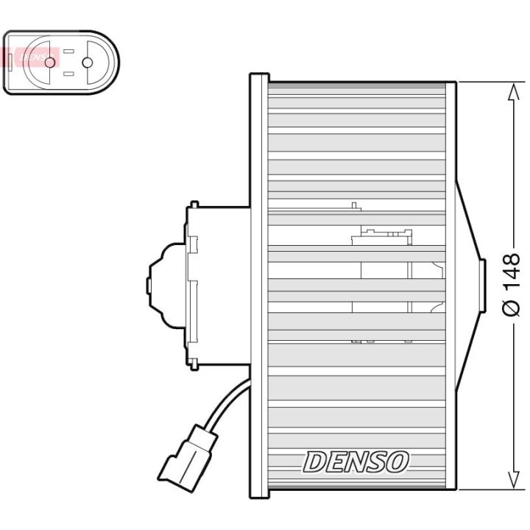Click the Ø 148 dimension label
tap(512, 284)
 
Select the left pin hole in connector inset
tap(50, 63)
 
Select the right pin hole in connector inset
tap(88, 63)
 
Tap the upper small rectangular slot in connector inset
tap(68, 52)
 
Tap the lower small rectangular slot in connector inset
tap(68, 74)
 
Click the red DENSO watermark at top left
tap(29, 56)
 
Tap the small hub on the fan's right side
tap(482, 286)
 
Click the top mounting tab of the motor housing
tap(194, 205)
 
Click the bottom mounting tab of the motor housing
tap(194, 364)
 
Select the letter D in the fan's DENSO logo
tap(314, 462)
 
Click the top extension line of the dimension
tap(486, 81)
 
